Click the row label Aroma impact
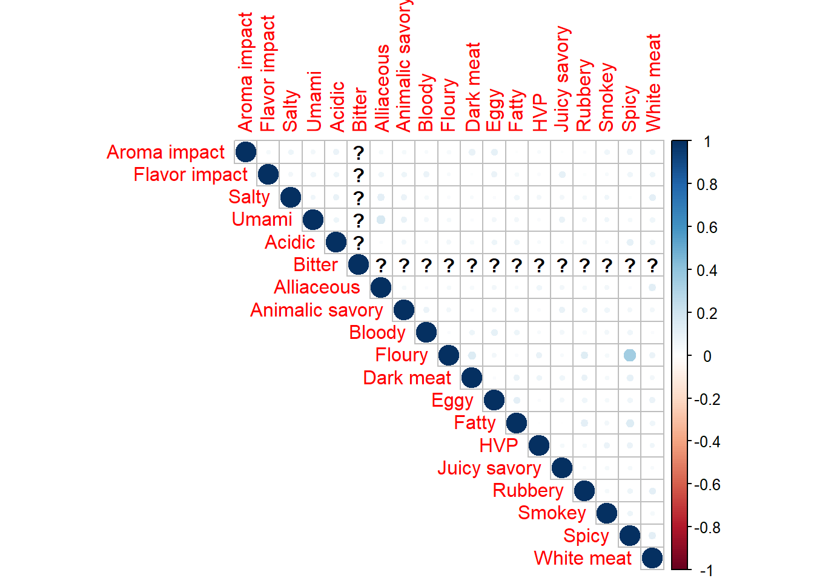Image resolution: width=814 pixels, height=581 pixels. coord(165,152)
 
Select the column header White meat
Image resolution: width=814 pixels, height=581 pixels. coord(653,82)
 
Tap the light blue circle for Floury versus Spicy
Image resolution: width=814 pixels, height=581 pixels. coord(630,355)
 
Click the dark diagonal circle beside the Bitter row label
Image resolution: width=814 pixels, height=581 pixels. coord(359,264)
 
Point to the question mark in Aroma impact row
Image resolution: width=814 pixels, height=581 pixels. coord(359,153)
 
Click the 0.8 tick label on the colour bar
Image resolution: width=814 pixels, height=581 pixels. coord(707,185)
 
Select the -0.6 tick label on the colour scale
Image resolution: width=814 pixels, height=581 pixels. coord(707,485)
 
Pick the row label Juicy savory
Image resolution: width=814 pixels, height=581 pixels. coord(489,468)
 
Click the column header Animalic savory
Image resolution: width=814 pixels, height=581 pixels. coord(404,65)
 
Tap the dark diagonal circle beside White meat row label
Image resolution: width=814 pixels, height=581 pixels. coord(652,558)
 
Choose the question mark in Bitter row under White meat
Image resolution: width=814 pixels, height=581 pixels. coord(652,265)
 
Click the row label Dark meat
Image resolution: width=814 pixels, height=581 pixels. coord(407,378)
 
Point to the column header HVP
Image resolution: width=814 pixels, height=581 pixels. coord(539,113)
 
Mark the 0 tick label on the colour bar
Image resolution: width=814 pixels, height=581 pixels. coord(707,356)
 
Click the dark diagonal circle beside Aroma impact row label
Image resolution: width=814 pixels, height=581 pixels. coord(245,152)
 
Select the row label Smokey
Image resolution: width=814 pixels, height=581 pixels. coord(552,513)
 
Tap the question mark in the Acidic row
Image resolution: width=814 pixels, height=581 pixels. coord(359,243)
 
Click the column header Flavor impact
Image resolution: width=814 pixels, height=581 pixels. coord(268,73)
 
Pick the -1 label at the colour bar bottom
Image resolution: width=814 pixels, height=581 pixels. coord(706,570)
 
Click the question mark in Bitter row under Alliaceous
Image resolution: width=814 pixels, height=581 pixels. coord(381,265)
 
